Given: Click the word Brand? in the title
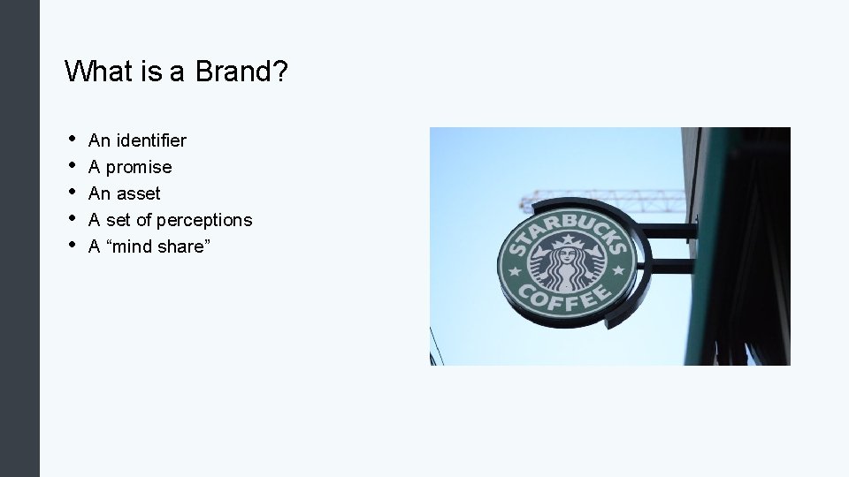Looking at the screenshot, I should pos(241,71).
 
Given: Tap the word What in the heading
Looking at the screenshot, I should pos(98,71).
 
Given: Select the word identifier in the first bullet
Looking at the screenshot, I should pos(149,140).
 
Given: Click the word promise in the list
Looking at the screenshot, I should pos(139,167).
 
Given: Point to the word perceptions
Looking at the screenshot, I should pos(204,220).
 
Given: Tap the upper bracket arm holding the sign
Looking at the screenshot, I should pos(659,231).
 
